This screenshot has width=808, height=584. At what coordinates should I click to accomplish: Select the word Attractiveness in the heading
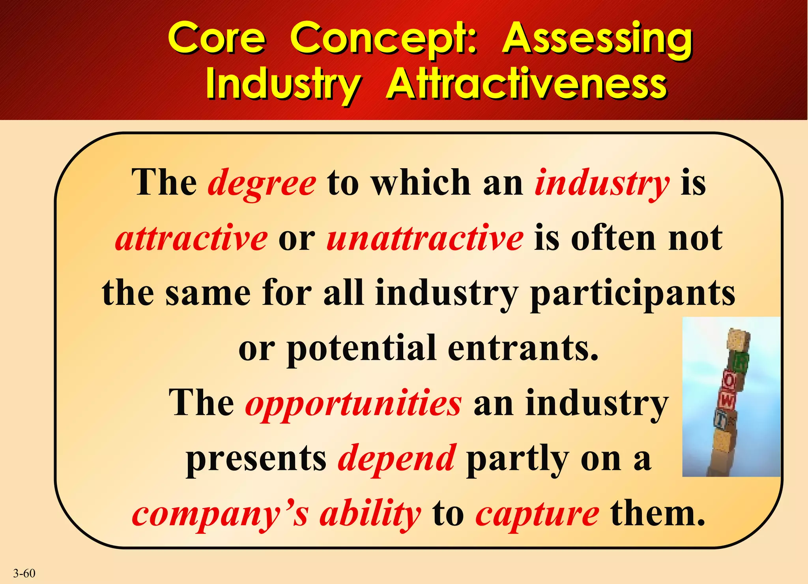click(526, 85)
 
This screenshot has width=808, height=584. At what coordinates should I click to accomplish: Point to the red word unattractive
click(425, 238)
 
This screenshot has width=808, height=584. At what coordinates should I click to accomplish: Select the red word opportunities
click(353, 404)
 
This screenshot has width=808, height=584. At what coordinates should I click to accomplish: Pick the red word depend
click(397, 459)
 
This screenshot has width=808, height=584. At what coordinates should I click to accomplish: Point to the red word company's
click(220, 515)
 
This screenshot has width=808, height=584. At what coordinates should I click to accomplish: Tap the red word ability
click(370, 515)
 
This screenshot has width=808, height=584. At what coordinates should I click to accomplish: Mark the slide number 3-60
click(24, 573)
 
